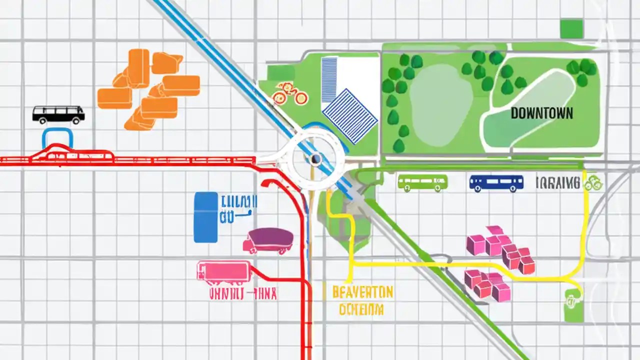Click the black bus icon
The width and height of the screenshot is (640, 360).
58,114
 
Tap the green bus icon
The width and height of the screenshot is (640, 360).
422,183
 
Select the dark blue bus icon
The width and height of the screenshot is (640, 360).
496,183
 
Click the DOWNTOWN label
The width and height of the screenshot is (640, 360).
542,113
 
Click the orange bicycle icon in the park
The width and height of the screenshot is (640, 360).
289,93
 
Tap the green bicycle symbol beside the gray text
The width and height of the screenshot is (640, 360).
593,183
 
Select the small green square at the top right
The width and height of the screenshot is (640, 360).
571,29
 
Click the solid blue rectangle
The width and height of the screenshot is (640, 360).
205,217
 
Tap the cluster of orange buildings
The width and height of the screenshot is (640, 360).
149,89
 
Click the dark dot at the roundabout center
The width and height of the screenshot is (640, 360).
315,159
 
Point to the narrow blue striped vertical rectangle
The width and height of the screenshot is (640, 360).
329,79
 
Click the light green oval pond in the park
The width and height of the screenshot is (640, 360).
440,105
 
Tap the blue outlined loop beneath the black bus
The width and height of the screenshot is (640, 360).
57,138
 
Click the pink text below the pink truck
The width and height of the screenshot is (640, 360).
242,294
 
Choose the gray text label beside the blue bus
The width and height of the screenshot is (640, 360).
558,183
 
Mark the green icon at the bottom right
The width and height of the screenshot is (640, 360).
571,305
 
